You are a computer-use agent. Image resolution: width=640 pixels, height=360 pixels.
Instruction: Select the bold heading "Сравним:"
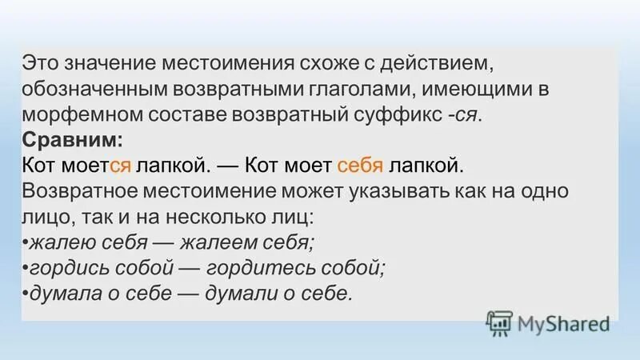[x=73, y=139]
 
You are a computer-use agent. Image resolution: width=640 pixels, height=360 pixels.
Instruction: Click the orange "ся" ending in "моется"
[x=121, y=165]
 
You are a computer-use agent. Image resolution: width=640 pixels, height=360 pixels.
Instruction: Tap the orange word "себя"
[x=362, y=165]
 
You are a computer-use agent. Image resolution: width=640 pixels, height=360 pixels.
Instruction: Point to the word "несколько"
[x=230, y=216]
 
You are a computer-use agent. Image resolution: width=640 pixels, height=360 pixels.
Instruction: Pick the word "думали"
[x=243, y=293]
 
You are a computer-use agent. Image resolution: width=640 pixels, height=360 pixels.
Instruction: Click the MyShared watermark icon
[x=498, y=323]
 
